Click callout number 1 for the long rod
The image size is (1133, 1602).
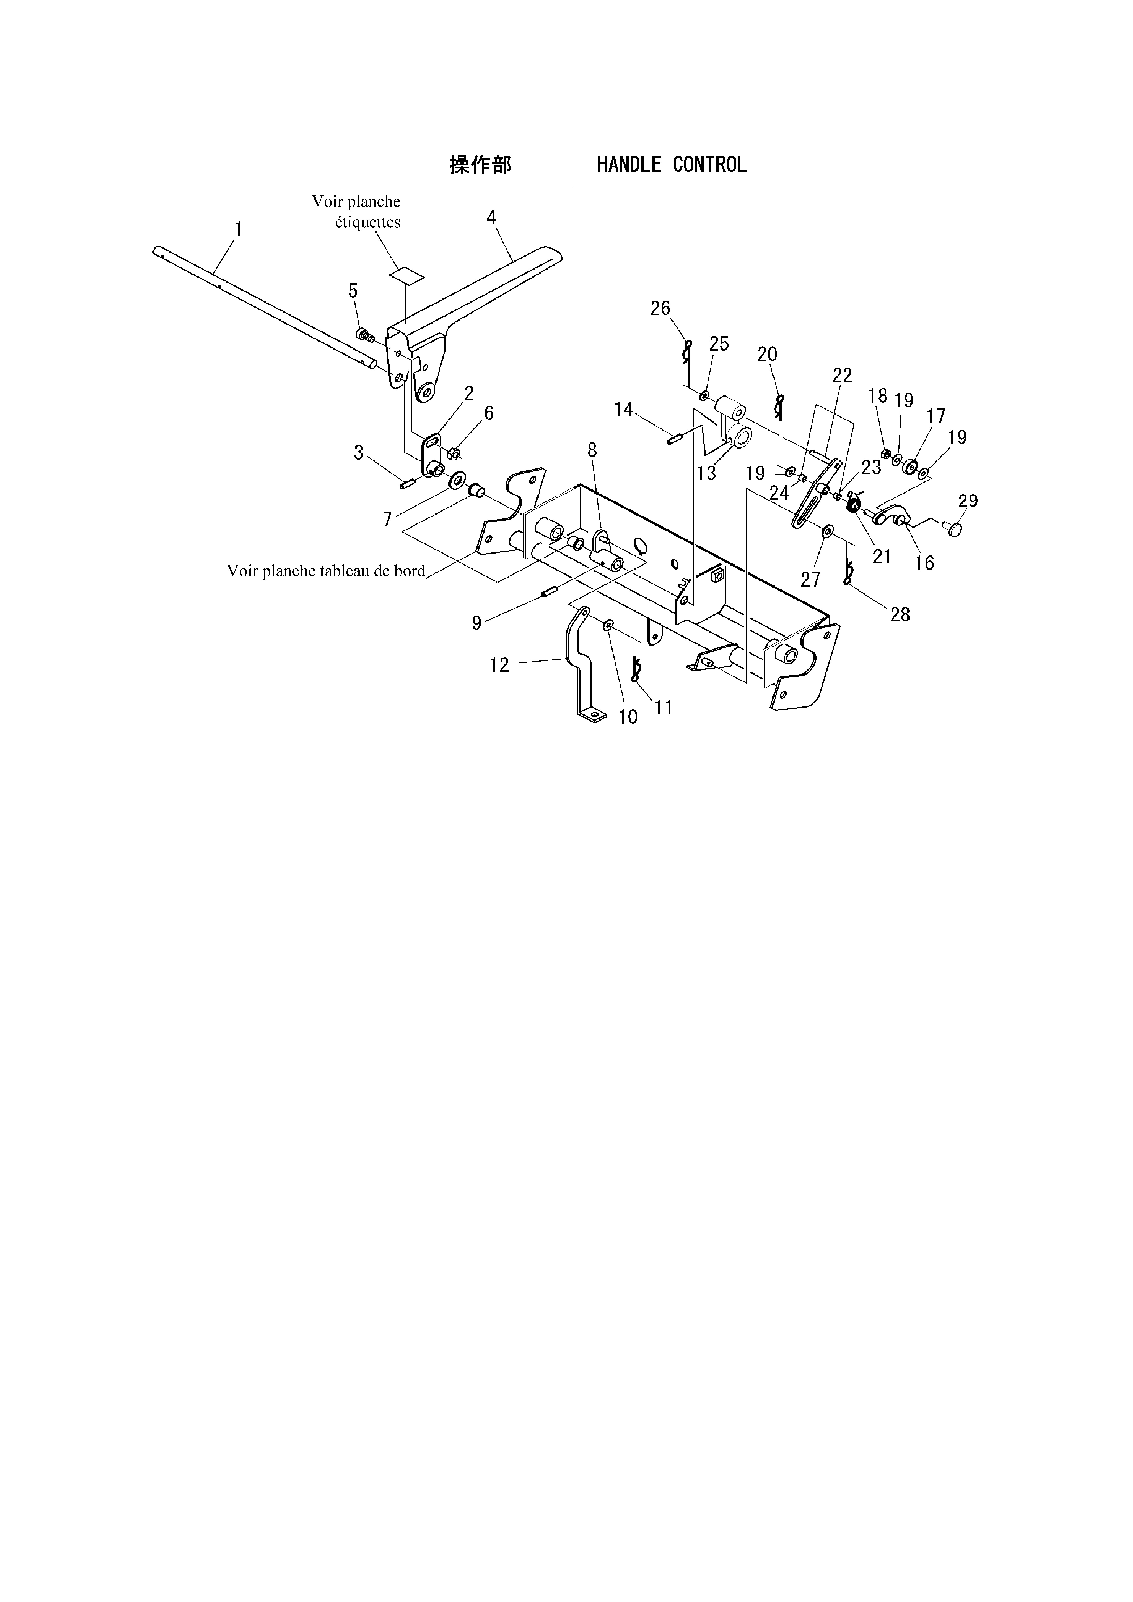[238, 229]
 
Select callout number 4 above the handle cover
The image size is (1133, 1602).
[491, 217]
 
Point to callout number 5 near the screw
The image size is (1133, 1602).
[353, 290]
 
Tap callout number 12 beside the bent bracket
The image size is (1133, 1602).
[499, 665]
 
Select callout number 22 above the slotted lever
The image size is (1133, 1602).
[843, 375]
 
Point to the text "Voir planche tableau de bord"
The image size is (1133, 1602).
[326, 571]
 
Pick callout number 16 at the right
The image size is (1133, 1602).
[924, 563]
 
